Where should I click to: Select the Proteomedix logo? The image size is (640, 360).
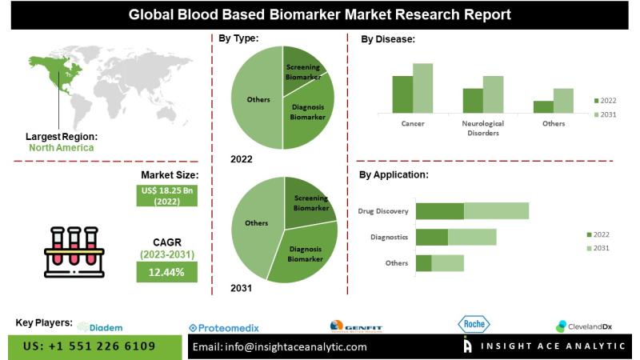[x=224, y=327]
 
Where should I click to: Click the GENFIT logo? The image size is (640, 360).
[x=356, y=326]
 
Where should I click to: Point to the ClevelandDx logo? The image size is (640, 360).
[x=584, y=326]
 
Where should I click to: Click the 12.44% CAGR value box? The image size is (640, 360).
[x=166, y=273]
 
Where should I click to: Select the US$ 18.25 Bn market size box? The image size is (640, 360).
[x=166, y=196]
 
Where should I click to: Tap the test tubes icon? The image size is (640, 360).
[x=74, y=252]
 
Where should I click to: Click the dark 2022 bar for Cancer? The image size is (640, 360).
[x=402, y=94]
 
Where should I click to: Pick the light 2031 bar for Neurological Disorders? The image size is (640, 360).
[x=493, y=94]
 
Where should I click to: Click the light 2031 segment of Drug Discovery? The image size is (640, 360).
[x=496, y=211]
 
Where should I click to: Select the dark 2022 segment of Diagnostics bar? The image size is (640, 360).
[x=432, y=237]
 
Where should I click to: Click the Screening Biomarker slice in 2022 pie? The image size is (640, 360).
[x=302, y=68]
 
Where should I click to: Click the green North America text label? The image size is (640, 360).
[x=62, y=147]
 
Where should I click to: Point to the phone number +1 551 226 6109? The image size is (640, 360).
[x=90, y=346]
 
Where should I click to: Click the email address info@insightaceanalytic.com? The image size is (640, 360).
[x=280, y=346]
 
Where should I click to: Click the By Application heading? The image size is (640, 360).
[x=393, y=174]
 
